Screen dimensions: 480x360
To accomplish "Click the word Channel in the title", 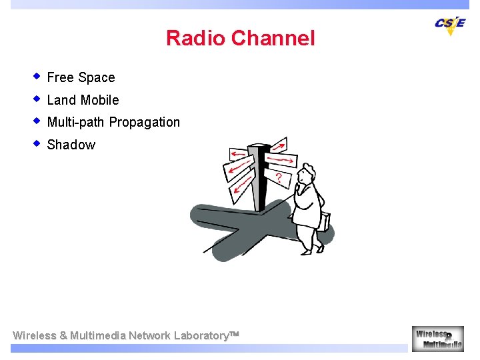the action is (273, 39).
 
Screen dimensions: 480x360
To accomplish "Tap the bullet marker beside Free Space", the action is (38, 76).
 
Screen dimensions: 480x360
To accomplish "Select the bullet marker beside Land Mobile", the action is (38, 99).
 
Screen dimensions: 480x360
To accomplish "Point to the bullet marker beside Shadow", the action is (38, 143).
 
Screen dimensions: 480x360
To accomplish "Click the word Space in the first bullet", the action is (97, 78).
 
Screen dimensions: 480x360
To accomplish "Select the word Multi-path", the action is (76, 123).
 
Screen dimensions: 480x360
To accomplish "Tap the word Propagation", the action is (145, 123).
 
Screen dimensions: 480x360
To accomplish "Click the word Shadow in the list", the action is (71, 145).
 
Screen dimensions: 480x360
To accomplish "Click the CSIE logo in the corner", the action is (450, 24).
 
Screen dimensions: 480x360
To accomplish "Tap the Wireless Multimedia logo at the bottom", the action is (437, 338).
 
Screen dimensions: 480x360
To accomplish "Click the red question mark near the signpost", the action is (279, 179).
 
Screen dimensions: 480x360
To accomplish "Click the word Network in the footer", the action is (149, 336).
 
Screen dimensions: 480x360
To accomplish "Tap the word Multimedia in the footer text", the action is (97, 336).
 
